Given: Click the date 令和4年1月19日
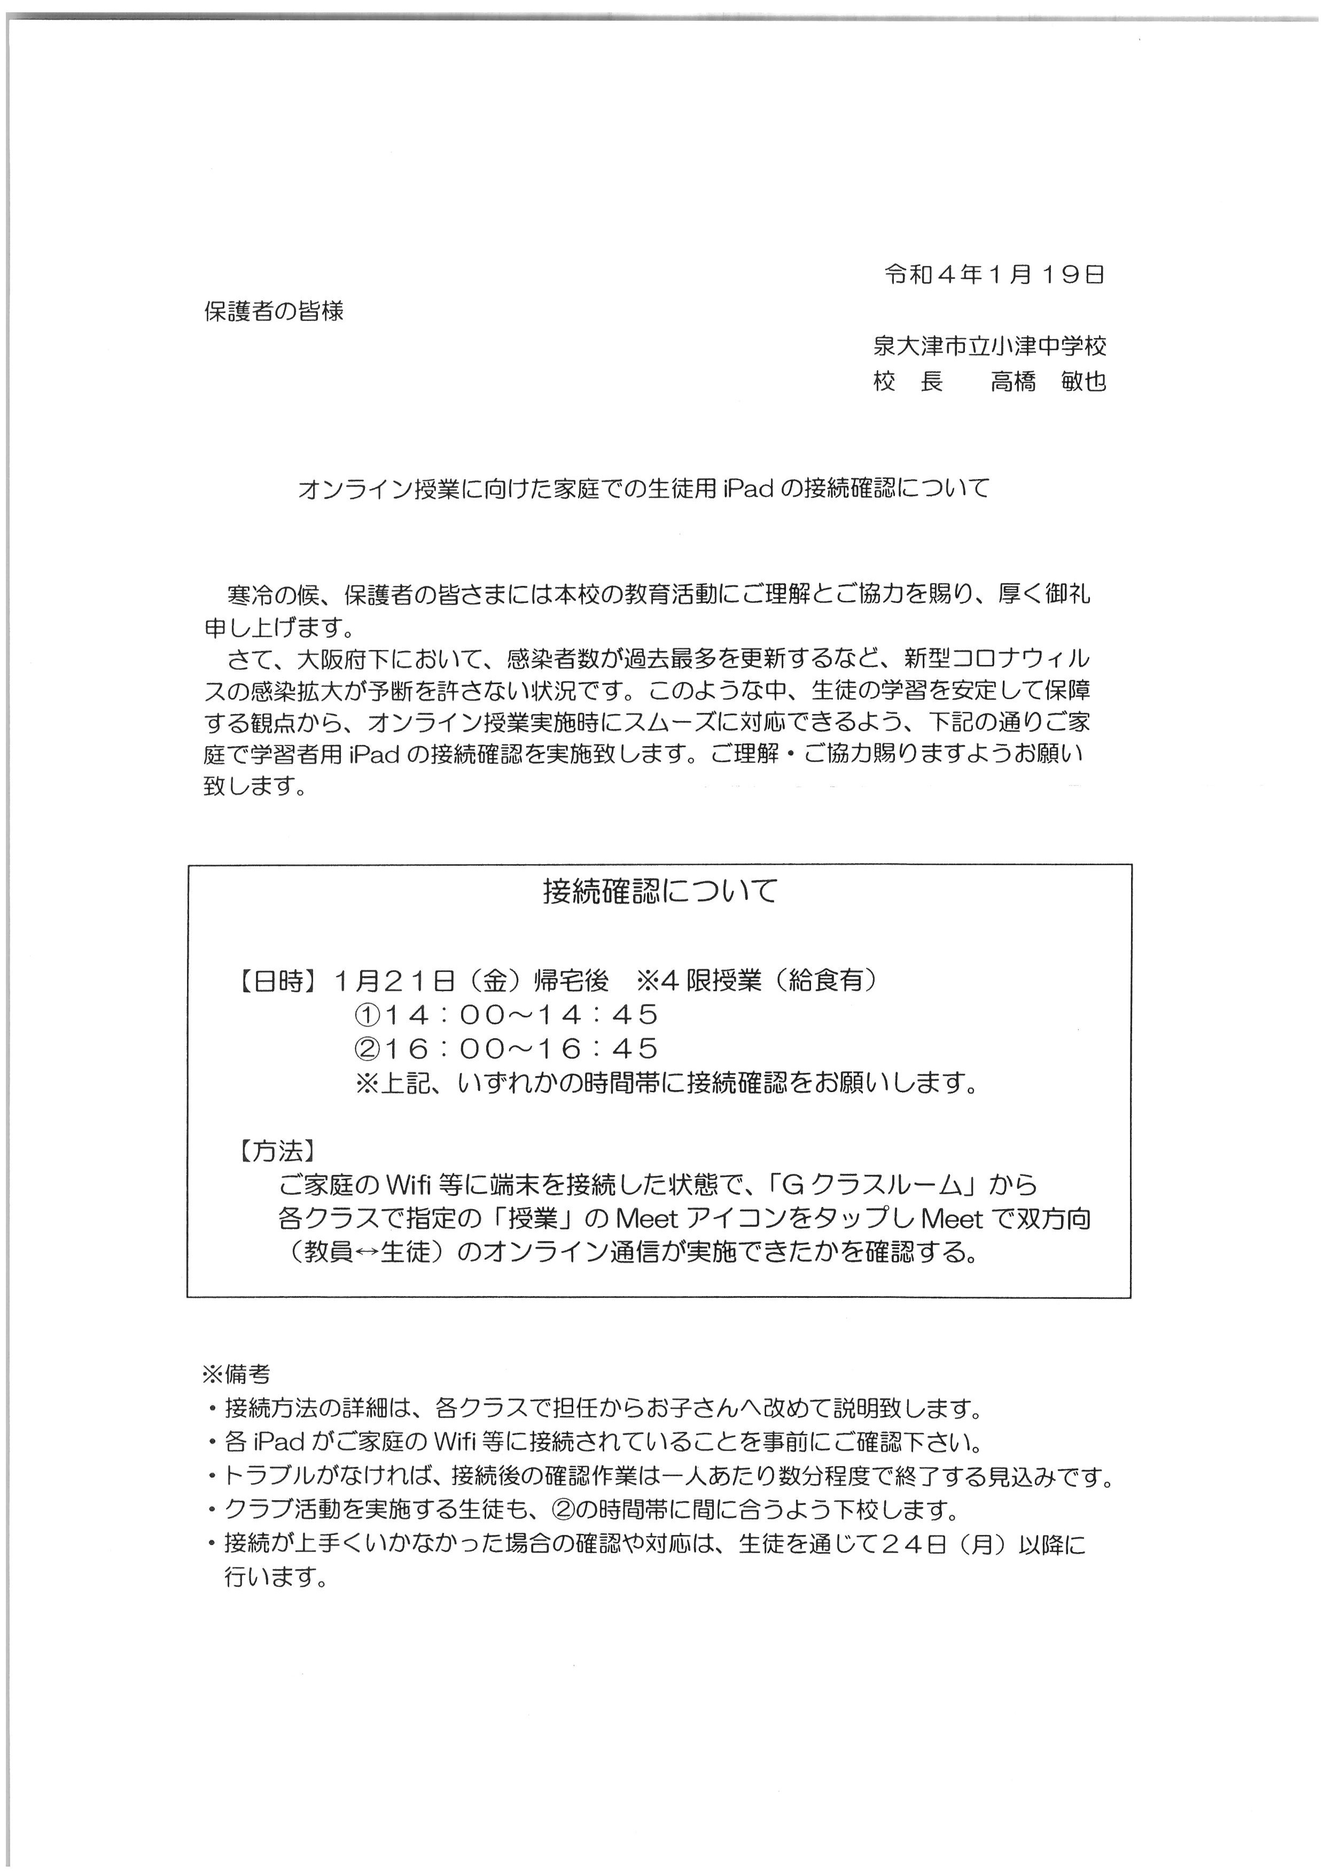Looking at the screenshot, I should click(994, 275).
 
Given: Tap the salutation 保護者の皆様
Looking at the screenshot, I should click(274, 311).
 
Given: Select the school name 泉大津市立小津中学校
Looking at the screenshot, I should click(989, 346).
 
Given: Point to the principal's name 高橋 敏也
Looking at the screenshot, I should click(1048, 381).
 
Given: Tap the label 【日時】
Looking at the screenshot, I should click(277, 981).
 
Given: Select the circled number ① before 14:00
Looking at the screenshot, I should click(365, 1015).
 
